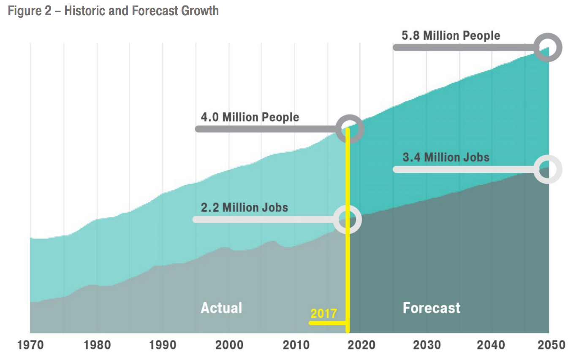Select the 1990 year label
163,345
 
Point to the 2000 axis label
229,345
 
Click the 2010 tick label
296,345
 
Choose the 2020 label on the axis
361,345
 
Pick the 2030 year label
427,345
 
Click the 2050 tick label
551,345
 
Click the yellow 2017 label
323,314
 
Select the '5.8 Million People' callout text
451,35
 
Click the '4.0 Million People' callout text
250,117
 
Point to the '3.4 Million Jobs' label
446,158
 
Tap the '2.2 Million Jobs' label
244,207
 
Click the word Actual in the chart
221,308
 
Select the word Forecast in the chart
431,308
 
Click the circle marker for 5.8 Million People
548,47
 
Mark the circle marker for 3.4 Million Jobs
548,169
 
